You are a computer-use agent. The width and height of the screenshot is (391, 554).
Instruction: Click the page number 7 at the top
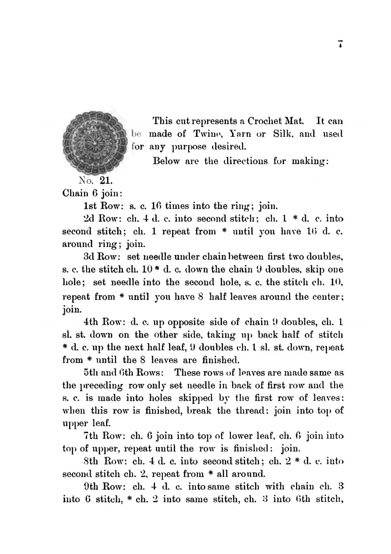point(341,45)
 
